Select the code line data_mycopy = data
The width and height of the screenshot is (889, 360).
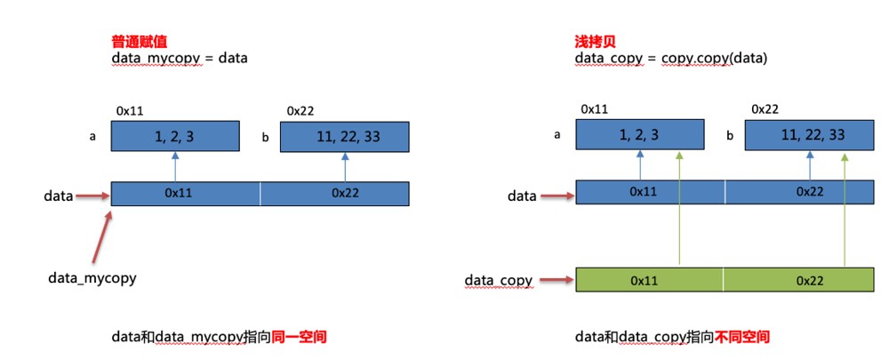pos(180,58)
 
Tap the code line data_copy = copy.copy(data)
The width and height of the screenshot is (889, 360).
pos(670,58)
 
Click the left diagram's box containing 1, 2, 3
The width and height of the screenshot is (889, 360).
pos(174,136)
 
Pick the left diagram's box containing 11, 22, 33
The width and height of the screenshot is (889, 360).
pos(344,137)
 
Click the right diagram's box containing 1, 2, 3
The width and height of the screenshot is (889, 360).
pos(639,134)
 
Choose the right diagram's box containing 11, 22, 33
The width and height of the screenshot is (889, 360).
pos(809,135)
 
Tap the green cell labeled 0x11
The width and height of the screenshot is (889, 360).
pos(650,280)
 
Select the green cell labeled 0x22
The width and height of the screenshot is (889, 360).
pos(799,280)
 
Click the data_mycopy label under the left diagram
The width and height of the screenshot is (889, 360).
pos(92,278)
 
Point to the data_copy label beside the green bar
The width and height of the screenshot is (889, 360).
pos(499,280)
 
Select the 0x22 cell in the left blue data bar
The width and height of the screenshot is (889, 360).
pos(334,193)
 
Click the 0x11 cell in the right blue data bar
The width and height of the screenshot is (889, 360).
pos(651,192)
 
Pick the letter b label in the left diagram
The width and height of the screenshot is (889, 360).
pos(265,137)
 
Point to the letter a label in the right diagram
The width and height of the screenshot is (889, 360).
pos(557,135)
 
